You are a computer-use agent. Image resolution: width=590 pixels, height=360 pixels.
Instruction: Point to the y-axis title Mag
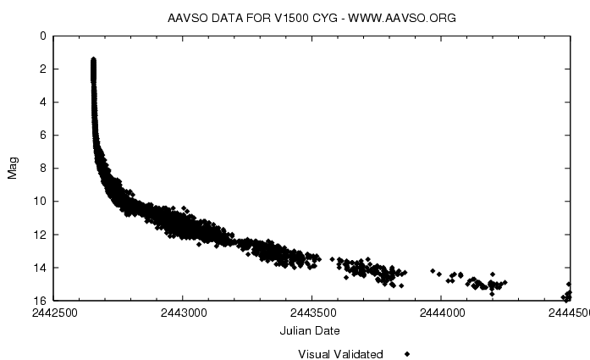pos(13,169)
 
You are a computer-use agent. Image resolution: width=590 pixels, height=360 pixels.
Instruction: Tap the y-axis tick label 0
pos(43,36)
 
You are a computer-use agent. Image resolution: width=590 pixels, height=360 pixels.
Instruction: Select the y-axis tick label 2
pos(43,69)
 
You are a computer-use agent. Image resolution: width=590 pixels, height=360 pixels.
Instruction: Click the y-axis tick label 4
pos(43,102)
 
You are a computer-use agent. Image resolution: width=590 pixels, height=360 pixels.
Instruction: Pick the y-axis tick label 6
pos(43,136)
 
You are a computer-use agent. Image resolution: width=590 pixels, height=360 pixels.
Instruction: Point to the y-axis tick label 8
pos(43,169)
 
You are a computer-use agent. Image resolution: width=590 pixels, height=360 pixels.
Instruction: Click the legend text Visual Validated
pos(340,354)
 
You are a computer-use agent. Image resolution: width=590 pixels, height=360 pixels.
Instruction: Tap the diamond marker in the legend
pos(407,354)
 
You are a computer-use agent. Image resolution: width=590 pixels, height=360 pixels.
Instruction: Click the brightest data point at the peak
pos(93,59)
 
